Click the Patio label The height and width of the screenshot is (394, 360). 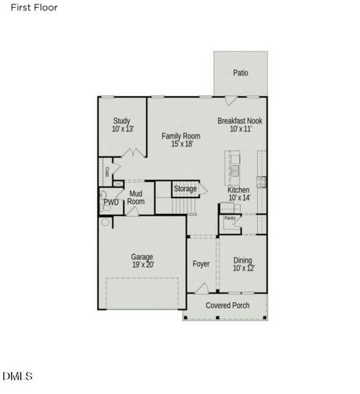(240, 73)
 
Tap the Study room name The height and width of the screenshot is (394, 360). (122, 121)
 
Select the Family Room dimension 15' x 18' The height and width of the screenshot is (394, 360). (182, 144)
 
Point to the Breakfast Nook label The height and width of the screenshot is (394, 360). (240, 121)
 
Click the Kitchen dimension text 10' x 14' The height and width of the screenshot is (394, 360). (240, 198)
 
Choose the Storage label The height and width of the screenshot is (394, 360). (185, 188)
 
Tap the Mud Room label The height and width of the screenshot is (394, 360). (136, 198)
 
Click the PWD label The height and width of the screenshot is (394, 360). (111, 202)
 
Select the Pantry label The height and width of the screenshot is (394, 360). (230, 218)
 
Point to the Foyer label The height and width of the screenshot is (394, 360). (201, 264)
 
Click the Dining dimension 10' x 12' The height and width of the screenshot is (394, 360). (244, 268)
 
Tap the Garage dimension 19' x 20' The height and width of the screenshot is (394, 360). (143, 265)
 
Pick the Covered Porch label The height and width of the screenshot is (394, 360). (227, 305)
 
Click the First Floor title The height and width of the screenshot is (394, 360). (34, 7)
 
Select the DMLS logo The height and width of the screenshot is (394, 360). (18, 376)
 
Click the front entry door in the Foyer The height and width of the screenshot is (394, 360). (202, 288)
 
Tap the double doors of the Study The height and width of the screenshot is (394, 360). (134, 153)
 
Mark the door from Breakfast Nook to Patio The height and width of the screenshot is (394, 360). (231, 100)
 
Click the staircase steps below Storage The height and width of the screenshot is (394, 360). (184, 206)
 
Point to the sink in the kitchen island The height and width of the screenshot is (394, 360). (235, 171)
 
